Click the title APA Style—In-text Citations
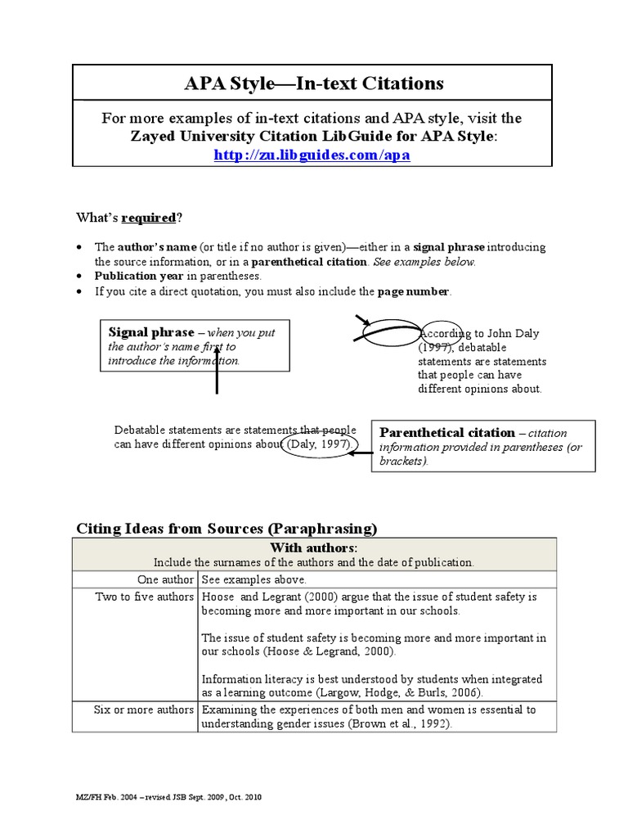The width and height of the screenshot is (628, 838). [314, 83]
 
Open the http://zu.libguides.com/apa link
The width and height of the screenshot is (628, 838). [312, 154]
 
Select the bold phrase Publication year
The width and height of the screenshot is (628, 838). [139, 276]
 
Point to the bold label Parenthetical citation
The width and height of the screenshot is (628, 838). [446, 432]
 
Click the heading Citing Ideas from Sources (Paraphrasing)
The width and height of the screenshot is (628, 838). [227, 528]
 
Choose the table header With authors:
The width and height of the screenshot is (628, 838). [314, 547]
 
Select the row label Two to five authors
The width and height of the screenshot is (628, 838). [145, 597]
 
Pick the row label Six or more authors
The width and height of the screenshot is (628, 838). [144, 710]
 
